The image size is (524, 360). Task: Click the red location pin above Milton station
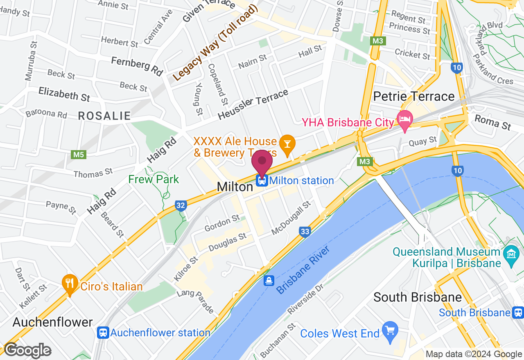pyautogui.click(x=262, y=162)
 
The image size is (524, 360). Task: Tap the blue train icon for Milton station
pyautogui.click(x=262, y=180)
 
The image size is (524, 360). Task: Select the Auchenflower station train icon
pyautogui.click(x=103, y=333)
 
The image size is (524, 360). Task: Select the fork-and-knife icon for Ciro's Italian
pyautogui.click(x=70, y=283)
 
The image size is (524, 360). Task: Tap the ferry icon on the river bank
pyautogui.click(x=269, y=281)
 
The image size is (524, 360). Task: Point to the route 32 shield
pyautogui.click(x=181, y=205)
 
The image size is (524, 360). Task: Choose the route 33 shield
pyautogui.click(x=305, y=232)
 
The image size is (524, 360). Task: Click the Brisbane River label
pyautogui.click(x=303, y=270)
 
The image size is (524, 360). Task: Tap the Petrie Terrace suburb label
pyautogui.click(x=414, y=97)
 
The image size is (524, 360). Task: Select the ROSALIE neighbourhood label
pyautogui.click(x=104, y=116)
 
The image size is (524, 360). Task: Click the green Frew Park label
pyautogui.click(x=154, y=179)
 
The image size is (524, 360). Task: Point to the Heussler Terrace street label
pyautogui.click(x=253, y=105)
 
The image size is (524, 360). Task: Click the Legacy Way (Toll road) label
pyautogui.click(x=215, y=43)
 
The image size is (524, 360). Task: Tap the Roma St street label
pyautogui.click(x=492, y=122)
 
